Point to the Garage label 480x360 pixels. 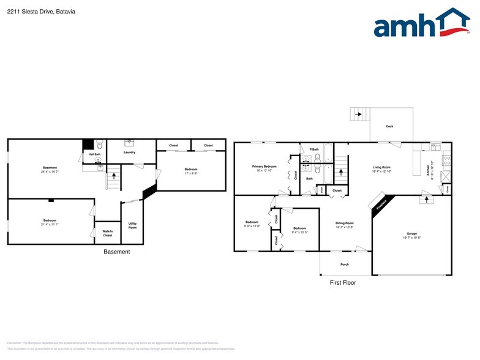click(412, 233)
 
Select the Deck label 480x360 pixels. click(389, 127)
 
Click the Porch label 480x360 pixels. click(345, 264)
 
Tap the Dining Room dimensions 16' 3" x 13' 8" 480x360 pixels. click(345, 227)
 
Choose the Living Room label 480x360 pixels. click(382, 167)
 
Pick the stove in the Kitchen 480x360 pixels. click(447, 161)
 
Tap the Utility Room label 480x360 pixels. click(132, 225)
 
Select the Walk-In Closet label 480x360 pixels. click(107, 233)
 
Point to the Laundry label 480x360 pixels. click(129, 152)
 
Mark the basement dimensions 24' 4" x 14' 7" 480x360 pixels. click(50, 171)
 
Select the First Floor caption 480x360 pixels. click(343, 283)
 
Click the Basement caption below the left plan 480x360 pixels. click(116, 252)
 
